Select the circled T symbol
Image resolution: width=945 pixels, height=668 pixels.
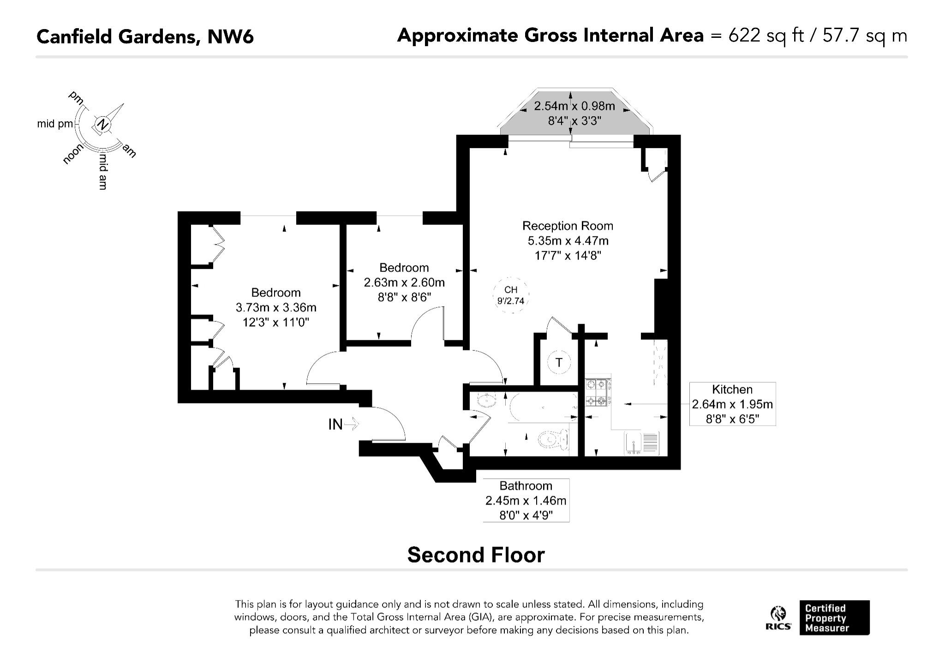click(x=559, y=362)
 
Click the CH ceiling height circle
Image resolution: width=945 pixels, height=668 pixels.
click(x=511, y=295)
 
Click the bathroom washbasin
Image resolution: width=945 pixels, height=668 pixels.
click(x=484, y=401)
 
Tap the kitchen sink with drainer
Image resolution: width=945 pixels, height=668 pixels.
click(x=642, y=443)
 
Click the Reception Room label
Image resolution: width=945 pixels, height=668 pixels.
click(x=568, y=226)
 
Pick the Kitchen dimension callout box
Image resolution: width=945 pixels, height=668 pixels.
click(x=732, y=404)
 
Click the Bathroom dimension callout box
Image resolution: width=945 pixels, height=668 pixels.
click(x=526, y=500)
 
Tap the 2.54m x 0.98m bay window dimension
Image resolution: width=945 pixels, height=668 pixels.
click(x=574, y=106)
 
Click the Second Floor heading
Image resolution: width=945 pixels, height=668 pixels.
click(x=476, y=555)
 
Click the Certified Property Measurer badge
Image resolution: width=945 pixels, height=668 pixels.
click(x=834, y=618)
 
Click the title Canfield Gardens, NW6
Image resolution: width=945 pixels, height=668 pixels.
click(x=145, y=36)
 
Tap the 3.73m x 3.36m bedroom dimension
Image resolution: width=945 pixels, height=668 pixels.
click(x=276, y=307)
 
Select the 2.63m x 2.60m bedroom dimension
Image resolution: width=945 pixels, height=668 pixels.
click(x=404, y=282)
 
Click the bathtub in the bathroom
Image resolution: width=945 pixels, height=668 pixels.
click(x=543, y=408)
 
